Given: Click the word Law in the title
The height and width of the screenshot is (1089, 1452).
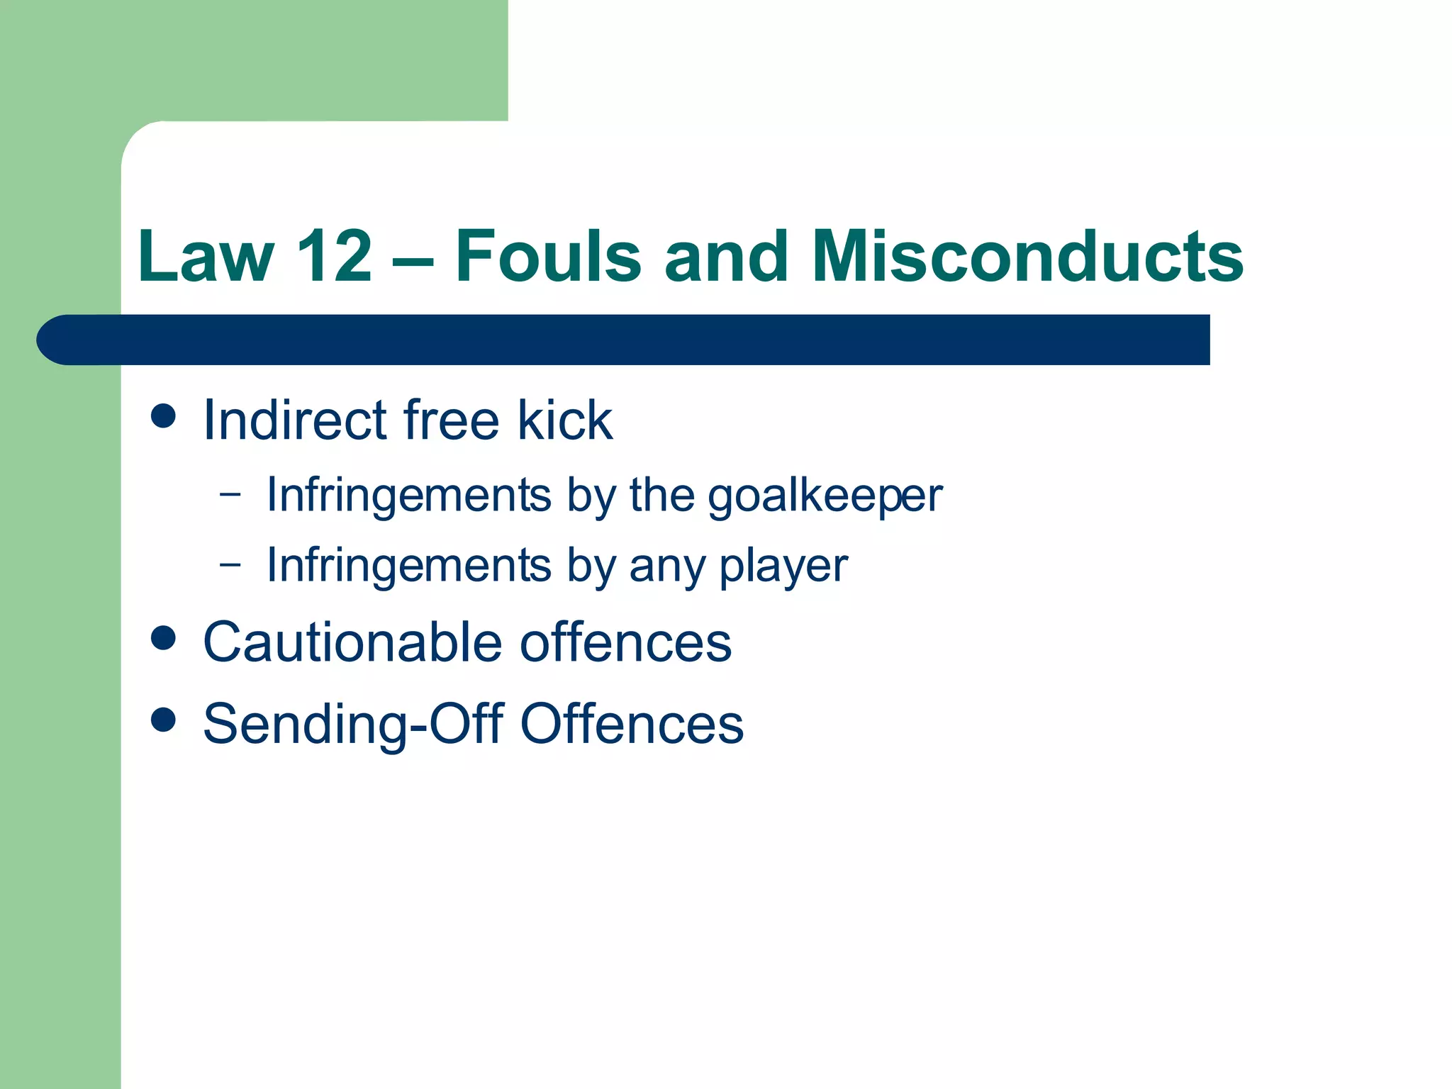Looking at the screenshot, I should [206, 257].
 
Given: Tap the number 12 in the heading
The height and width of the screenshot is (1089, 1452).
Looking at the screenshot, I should [334, 257].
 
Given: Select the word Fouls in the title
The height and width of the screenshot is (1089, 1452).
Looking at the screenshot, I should [548, 257].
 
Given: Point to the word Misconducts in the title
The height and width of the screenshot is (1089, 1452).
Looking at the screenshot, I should [1027, 257].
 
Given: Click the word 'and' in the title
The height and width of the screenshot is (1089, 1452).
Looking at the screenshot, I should [726, 257].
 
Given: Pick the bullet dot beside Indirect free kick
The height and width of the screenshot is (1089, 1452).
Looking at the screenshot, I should [164, 416].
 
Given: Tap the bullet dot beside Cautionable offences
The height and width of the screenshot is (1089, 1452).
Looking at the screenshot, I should [164, 638].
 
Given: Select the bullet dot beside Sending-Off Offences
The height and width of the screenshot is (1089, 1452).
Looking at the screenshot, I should [164, 720].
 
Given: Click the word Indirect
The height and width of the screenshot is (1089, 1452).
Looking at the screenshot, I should [295, 420].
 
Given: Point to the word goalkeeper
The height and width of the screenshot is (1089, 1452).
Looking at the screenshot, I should [825, 496].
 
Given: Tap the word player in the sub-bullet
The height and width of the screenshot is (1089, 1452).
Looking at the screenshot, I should [783, 566].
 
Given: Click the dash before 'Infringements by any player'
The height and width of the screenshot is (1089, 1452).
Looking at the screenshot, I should [230, 564].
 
